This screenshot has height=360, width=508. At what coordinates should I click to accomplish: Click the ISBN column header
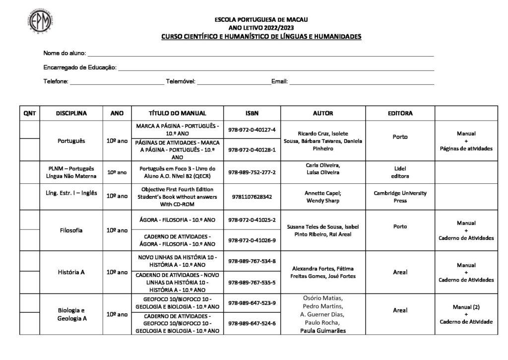(252, 113)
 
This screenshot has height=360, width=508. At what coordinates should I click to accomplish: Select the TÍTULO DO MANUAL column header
(177, 113)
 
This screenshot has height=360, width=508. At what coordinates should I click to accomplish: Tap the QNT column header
(30, 113)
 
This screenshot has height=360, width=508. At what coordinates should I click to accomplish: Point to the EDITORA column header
(400, 113)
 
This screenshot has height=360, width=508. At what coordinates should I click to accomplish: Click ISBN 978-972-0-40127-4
(252, 130)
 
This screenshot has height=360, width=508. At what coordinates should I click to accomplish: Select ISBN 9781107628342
(252, 197)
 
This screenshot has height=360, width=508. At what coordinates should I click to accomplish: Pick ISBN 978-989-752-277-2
(252, 172)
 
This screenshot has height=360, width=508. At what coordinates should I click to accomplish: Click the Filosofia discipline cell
(71, 230)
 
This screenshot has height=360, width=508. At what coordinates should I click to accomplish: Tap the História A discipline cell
(71, 272)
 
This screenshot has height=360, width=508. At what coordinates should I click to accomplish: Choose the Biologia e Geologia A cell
(71, 314)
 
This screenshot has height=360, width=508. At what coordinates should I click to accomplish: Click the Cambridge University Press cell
(400, 197)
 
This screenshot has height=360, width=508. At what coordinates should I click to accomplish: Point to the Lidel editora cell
(400, 172)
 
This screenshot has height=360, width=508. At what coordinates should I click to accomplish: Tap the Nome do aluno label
(64, 53)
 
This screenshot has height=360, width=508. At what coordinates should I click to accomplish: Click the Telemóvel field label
(181, 81)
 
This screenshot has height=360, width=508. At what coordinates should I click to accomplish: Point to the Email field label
(279, 81)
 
